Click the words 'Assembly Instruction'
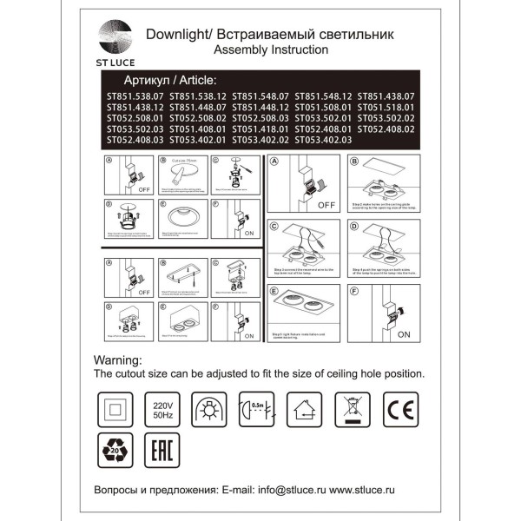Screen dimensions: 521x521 coord(272,50)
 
